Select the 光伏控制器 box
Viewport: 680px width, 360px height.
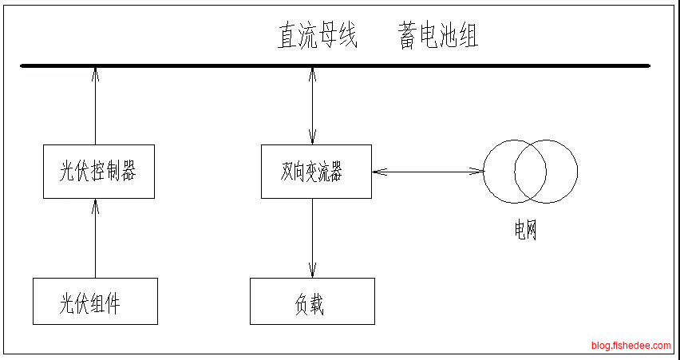point(97,172)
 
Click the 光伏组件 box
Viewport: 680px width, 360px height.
point(95,301)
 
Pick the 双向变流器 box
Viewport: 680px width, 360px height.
point(316,172)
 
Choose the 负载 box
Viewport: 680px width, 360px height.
point(312,301)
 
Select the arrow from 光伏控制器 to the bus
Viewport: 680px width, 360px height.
point(95,107)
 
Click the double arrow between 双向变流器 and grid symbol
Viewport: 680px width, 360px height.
point(428,170)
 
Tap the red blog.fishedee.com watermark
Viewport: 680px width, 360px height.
point(631,346)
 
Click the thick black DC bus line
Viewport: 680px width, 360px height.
point(335,65)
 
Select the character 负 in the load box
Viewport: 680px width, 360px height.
point(302,303)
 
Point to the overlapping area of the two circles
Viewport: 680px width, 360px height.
point(530,171)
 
